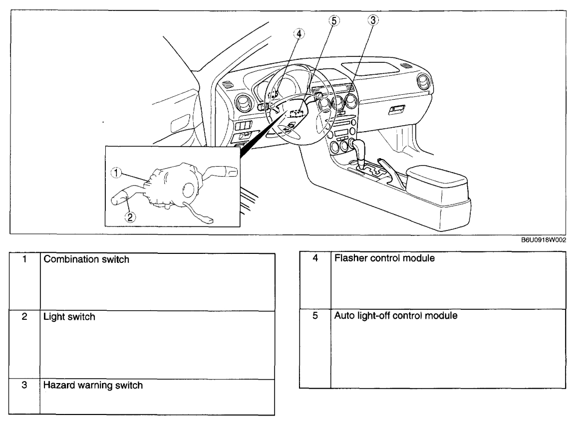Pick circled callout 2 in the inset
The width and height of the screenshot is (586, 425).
pyautogui.click(x=129, y=216)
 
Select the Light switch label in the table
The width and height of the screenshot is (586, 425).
pyautogui.click(x=69, y=317)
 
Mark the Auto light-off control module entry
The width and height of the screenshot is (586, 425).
pyautogui.click(x=396, y=316)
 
